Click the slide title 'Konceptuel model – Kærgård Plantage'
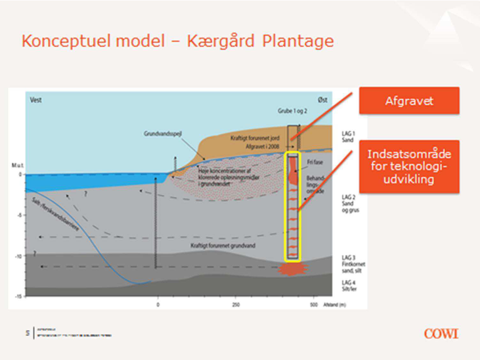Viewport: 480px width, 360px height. point(178,41)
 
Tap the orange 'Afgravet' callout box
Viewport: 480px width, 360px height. point(409,101)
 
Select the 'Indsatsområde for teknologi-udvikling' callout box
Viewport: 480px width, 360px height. point(409,167)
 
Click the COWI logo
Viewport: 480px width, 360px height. point(441,333)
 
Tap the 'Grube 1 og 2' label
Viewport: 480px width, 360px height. point(292,111)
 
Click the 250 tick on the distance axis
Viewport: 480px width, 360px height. point(236,305)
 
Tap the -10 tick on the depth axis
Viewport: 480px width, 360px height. point(19,256)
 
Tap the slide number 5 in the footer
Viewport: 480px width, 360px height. point(27,333)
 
